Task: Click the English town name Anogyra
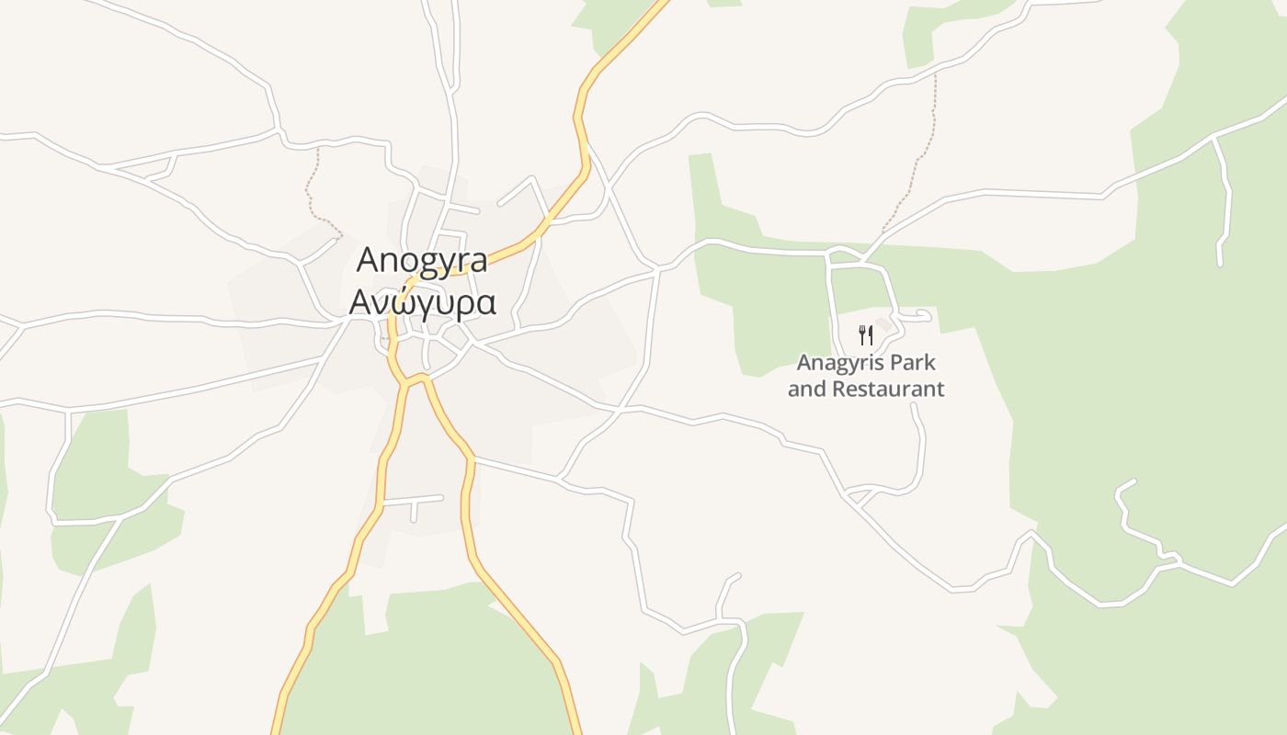422,261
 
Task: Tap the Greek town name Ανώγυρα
422,301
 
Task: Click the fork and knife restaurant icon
865,334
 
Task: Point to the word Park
906,362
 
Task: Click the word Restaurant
888,389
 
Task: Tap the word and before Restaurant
807,389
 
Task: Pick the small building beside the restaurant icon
884,324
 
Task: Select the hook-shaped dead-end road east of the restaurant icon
919,315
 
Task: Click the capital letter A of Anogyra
369,260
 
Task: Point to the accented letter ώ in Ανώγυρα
407,301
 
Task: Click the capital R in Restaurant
839,389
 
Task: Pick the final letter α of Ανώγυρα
486,303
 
